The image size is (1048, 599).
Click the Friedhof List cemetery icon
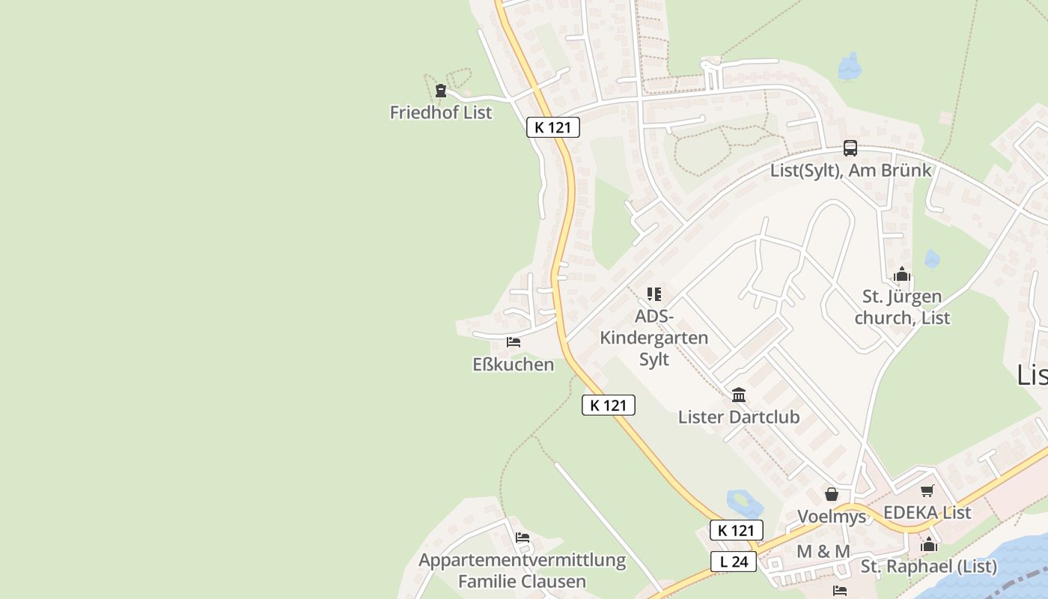(x=441, y=91)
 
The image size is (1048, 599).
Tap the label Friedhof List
(x=441, y=112)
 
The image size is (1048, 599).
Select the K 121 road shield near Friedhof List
(x=552, y=127)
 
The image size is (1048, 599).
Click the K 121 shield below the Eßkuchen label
(x=608, y=405)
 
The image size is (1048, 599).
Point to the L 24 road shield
(x=733, y=562)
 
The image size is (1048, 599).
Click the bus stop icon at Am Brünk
(x=850, y=148)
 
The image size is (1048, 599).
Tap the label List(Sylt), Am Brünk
(x=850, y=170)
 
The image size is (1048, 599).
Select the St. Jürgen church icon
(x=902, y=275)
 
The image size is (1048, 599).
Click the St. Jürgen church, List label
(x=902, y=307)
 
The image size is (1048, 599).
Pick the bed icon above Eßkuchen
(x=514, y=342)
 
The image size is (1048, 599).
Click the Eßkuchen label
(x=514, y=365)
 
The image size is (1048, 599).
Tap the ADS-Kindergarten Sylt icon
(x=654, y=294)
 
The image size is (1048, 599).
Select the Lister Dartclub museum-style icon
(x=739, y=395)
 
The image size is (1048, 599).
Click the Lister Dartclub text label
(x=739, y=417)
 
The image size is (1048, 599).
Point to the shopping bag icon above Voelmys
(x=831, y=494)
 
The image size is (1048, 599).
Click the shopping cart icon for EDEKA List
(x=927, y=491)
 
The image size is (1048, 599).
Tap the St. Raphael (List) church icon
(x=929, y=544)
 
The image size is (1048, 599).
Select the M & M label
(x=823, y=552)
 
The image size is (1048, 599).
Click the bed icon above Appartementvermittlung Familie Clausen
(x=523, y=538)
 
